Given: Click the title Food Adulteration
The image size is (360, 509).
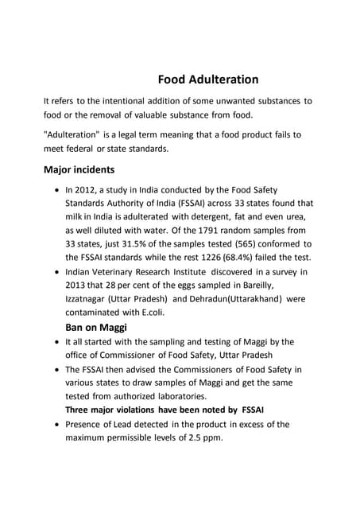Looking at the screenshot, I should click(208, 80).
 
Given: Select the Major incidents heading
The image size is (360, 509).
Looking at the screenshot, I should click(79, 169).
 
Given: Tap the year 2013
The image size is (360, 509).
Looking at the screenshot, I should click(78, 285).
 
